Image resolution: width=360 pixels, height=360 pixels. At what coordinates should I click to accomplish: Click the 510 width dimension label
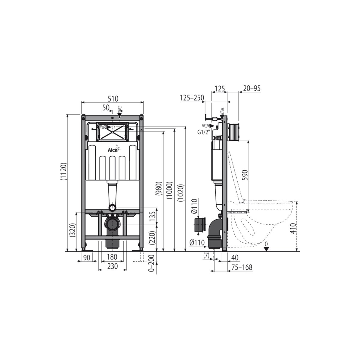tap(113, 98)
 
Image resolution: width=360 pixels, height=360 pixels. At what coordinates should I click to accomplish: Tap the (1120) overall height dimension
tap(63, 171)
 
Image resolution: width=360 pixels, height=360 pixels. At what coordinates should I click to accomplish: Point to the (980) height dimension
tap(159, 188)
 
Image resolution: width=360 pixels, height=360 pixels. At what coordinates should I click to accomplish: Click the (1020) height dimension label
tap(181, 193)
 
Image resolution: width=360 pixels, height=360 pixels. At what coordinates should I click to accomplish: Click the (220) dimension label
tap(153, 238)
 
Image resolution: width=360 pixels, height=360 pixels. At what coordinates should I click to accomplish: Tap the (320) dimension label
tap(73, 230)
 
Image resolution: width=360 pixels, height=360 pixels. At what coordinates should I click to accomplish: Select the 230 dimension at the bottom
tap(112, 266)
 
